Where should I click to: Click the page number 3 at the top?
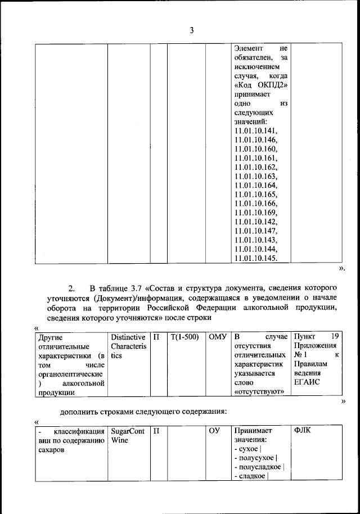click(x=191, y=31)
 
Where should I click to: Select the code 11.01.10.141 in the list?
click(x=256, y=131)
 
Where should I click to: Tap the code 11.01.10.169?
click(x=256, y=212)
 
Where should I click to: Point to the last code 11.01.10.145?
click(x=256, y=258)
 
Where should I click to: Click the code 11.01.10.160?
click(x=256, y=149)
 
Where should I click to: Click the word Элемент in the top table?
click(x=249, y=49)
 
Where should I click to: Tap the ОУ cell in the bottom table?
click(x=214, y=431)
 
